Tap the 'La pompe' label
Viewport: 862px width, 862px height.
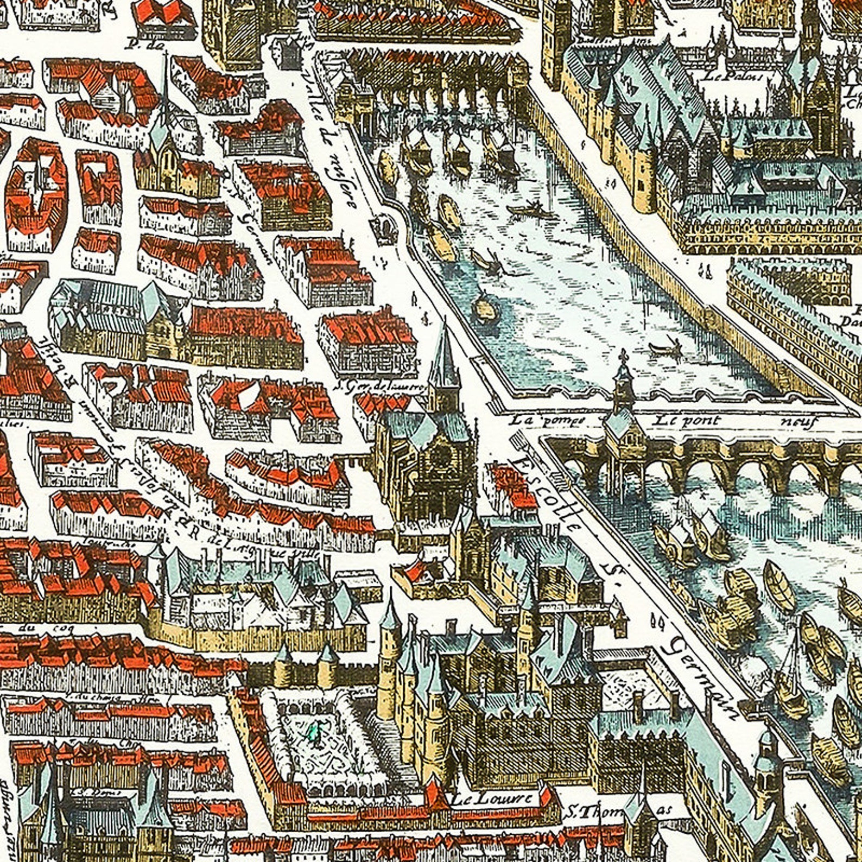click(x=548, y=420)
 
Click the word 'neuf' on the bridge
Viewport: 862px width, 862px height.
click(x=797, y=422)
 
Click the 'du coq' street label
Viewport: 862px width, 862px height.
click(x=32, y=629)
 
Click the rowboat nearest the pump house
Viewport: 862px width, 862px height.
click(x=665, y=347)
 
